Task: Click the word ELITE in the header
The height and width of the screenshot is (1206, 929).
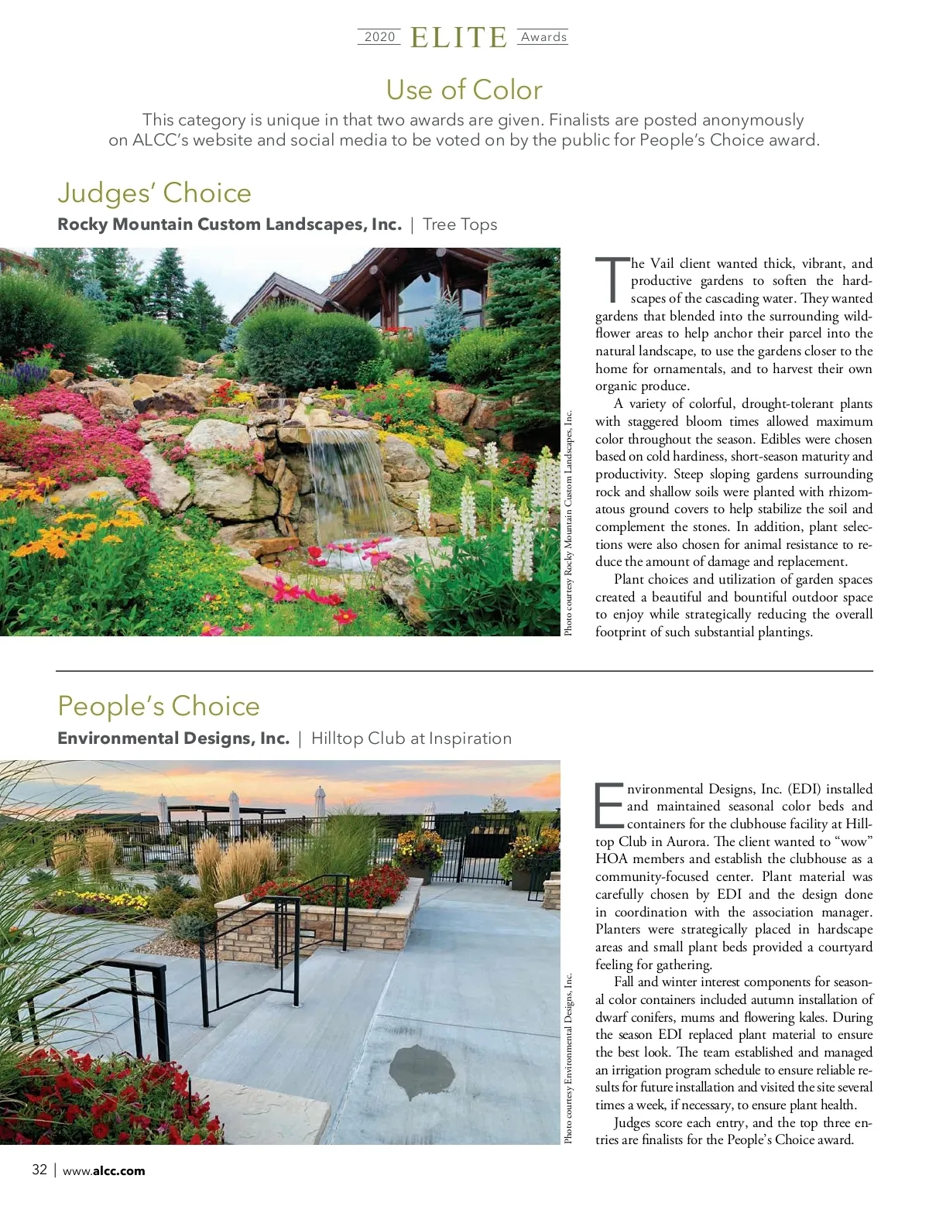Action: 458,38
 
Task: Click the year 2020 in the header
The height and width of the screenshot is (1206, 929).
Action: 379,37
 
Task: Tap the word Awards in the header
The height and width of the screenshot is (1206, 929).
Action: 543,37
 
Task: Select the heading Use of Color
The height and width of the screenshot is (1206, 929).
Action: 464,90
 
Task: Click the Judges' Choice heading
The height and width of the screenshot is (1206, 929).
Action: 155,193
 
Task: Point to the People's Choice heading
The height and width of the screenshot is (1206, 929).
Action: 159,706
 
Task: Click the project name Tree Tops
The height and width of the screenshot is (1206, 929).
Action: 460,224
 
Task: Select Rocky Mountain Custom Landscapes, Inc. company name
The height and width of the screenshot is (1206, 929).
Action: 229,224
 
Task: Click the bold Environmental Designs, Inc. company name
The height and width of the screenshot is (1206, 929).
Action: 173,738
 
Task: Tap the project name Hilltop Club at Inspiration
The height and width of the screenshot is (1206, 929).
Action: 411,738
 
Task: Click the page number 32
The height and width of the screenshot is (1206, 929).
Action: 39,1170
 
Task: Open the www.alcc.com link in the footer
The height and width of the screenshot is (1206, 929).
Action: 104,1170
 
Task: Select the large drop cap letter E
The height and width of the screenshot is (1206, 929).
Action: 608,805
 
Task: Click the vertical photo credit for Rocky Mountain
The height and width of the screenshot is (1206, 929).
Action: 569,522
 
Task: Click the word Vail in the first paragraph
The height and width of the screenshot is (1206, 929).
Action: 662,263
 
